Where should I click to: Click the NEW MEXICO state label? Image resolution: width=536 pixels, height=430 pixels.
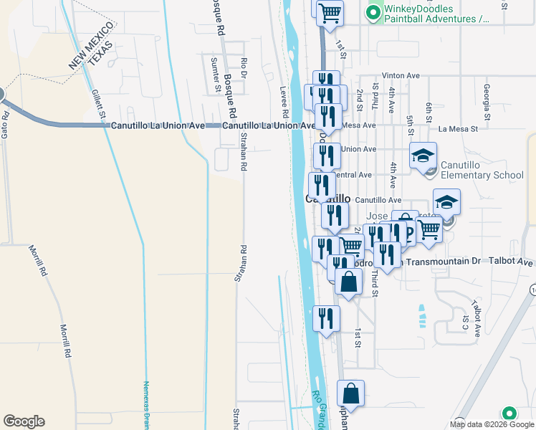click(91, 46)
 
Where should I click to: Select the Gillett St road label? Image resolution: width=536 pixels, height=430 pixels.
click(98, 103)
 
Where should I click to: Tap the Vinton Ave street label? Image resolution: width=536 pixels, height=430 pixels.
click(401, 75)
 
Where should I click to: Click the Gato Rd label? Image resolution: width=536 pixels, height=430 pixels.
click(4, 124)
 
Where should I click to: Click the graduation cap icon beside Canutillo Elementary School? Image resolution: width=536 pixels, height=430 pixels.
click(423, 155)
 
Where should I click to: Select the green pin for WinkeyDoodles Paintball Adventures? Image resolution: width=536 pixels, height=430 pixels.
click(373, 12)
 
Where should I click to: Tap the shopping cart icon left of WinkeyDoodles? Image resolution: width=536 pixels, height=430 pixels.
click(329, 12)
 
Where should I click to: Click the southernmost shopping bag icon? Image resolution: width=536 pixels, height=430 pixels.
click(350, 393)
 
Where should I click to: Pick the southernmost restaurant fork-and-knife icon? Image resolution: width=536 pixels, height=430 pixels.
click(326, 318)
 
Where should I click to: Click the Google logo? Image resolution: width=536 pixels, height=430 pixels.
click(24, 421)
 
